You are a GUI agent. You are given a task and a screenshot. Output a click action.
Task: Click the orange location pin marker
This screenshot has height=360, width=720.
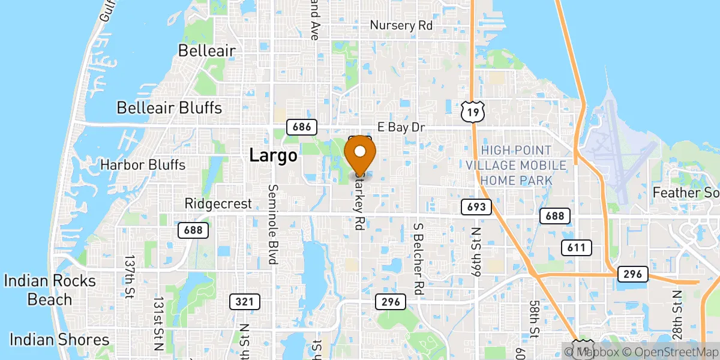click(361, 153)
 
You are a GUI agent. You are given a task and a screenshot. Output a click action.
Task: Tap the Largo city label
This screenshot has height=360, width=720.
click(273, 156)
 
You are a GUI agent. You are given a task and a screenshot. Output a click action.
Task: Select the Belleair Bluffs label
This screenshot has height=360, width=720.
click(169, 108)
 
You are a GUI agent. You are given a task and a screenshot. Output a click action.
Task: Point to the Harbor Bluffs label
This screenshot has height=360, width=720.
click(143, 164)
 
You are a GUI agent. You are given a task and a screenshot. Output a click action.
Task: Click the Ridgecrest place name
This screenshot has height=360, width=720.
click(218, 204)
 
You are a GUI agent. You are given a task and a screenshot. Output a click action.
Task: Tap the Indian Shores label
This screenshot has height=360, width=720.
click(59, 340)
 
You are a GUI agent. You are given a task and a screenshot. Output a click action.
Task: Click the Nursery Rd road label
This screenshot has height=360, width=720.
click(401, 25)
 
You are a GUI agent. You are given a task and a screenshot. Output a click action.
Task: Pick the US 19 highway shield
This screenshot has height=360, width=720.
click(473, 111)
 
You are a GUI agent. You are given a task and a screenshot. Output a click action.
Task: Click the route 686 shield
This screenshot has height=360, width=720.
click(301, 127)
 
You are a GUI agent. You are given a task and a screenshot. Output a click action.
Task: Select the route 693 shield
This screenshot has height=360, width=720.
click(476, 208)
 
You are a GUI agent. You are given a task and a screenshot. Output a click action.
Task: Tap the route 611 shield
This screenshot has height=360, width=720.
click(577, 247)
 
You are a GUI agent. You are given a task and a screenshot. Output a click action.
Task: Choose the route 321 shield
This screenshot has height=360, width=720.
click(245, 301)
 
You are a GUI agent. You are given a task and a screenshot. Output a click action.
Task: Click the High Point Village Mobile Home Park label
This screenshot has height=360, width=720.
click(524, 164)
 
